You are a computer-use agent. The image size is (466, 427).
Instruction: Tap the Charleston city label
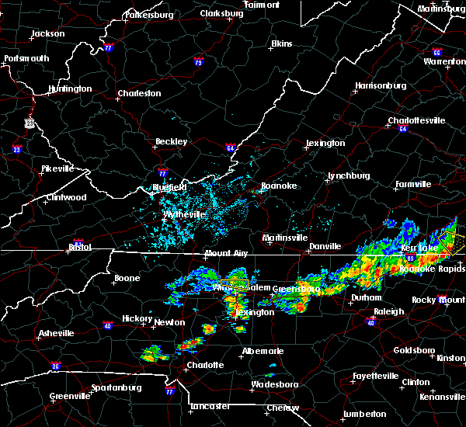139,94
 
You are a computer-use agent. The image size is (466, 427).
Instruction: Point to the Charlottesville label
416,120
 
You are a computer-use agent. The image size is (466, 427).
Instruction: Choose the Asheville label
57,333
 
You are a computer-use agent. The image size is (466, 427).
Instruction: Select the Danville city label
325,246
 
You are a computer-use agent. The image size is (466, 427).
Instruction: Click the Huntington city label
69,89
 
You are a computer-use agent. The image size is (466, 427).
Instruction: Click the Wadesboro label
273,386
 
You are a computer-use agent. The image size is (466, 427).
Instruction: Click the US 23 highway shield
30,123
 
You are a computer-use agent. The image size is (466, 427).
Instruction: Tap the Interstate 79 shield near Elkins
199,62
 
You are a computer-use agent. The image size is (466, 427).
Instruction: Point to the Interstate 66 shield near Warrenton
436,52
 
